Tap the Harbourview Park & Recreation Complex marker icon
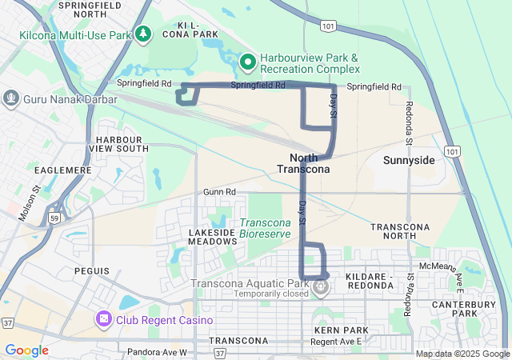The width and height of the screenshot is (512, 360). (x=248, y=61)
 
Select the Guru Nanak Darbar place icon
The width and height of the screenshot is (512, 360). (x=11, y=98)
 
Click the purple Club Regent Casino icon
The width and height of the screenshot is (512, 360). (x=104, y=320)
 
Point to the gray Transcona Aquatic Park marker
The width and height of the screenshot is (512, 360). (x=321, y=286)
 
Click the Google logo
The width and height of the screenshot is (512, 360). (x=26, y=350)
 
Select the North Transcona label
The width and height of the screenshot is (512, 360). (x=302, y=163)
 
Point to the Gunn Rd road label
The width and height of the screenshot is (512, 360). (x=219, y=192)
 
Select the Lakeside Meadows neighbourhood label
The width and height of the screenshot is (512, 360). (x=214, y=237)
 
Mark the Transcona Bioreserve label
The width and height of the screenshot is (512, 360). (x=271, y=228)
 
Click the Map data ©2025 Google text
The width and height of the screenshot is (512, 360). (x=462, y=354)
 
